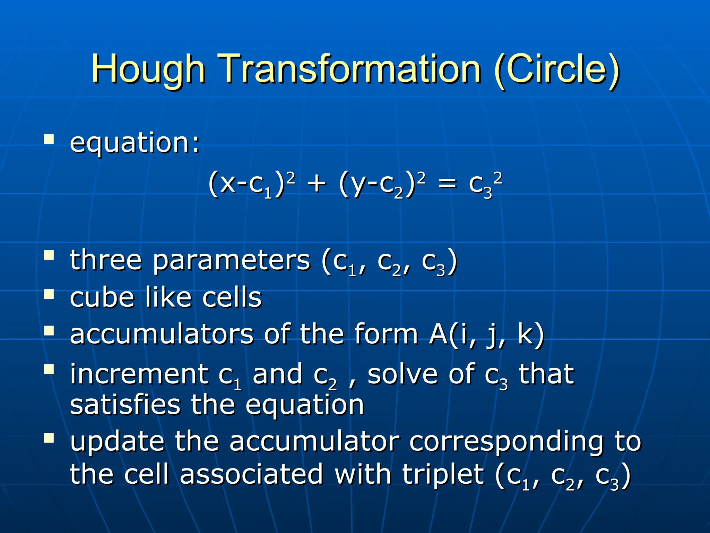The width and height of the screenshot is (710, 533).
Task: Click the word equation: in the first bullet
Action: (135, 143)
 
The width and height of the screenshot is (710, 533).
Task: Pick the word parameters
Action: (231, 261)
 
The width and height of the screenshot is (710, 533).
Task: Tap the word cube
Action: (102, 297)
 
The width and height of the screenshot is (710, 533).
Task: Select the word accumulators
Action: (162, 334)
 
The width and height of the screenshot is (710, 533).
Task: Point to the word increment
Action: (139, 374)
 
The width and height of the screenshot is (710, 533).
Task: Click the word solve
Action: (402, 374)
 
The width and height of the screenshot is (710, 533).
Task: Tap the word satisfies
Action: (125, 405)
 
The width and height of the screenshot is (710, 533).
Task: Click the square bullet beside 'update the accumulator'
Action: (49, 438)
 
